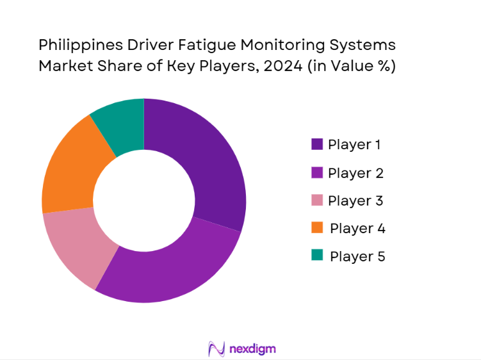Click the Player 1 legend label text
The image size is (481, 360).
pyautogui.click(x=354, y=145)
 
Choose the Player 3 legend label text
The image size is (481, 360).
pyautogui.click(x=355, y=200)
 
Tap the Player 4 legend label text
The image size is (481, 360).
pyautogui.click(x=357, y=228)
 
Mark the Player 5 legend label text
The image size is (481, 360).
pyautogui.click(x=357, y=256)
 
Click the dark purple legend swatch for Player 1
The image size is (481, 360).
pyautogui.click(x=317, y=145)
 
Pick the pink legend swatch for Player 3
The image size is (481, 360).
pyautogui.click(x=317, y=200)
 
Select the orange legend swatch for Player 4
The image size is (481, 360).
pyautogui.click(x=317, y=228)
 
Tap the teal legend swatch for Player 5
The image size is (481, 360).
pyautogui.click(x=317, y=256)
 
